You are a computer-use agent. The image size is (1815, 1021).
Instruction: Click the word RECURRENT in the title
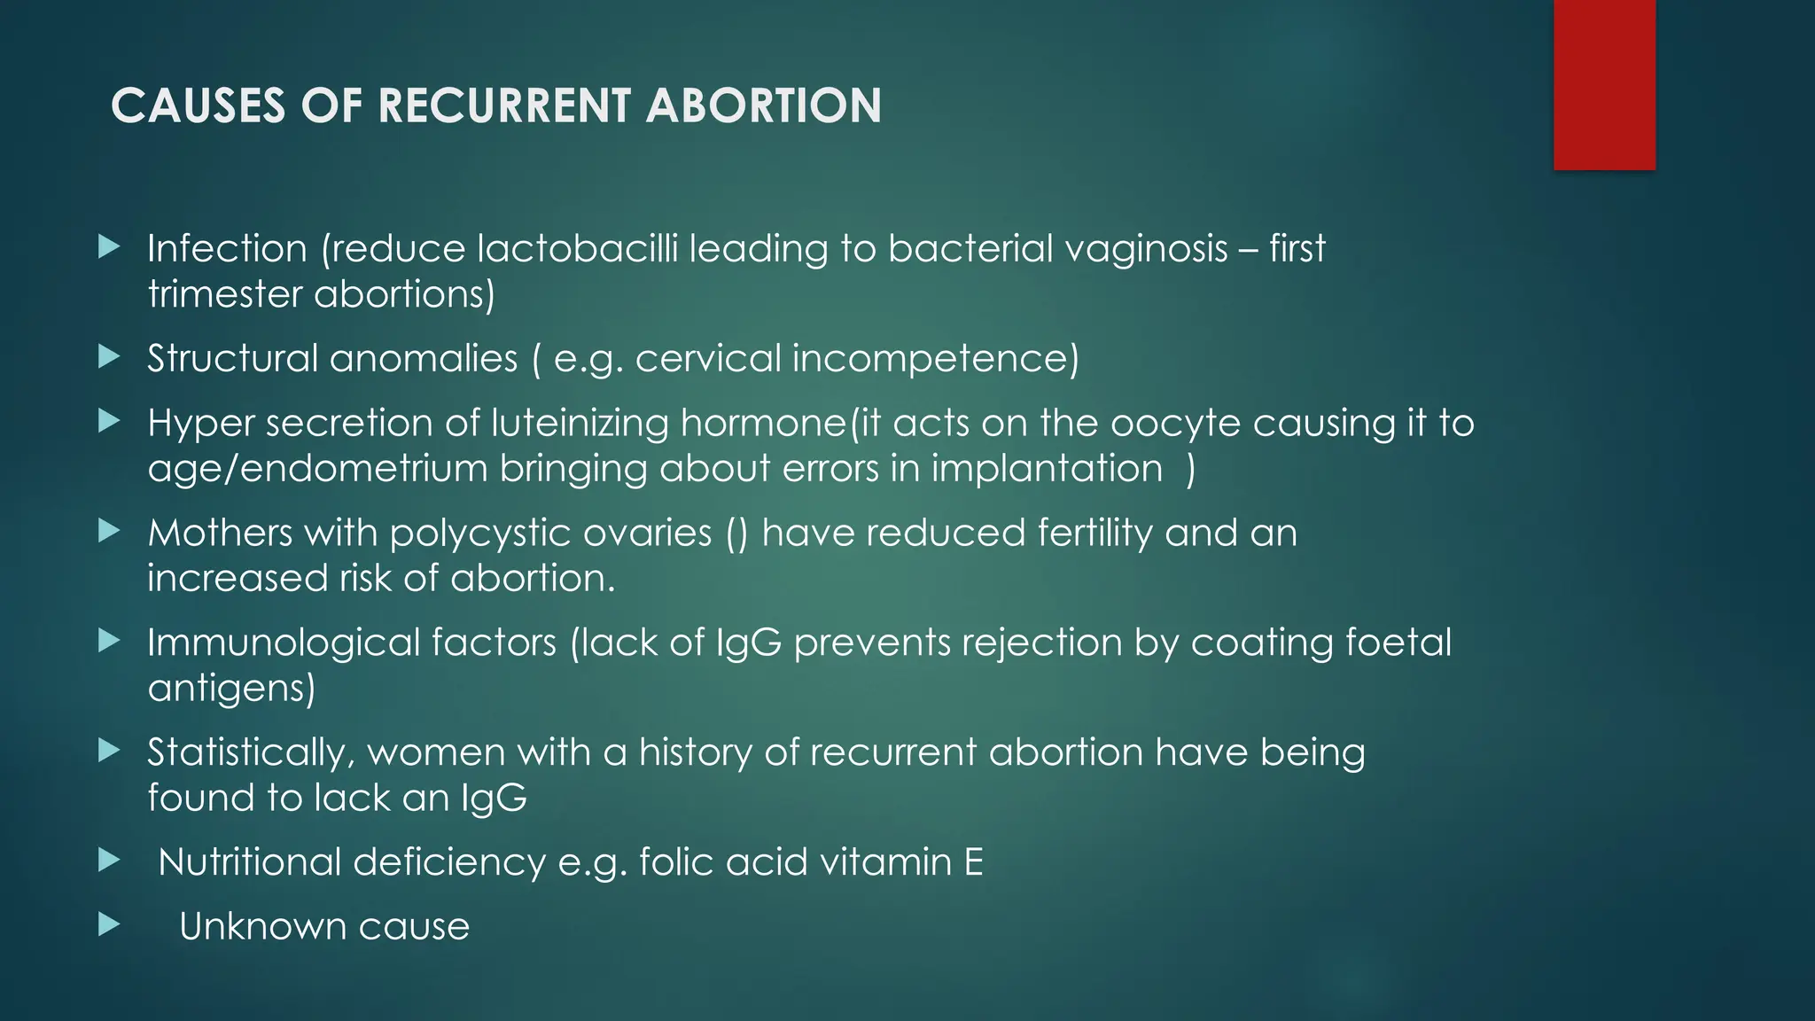[x=505, y=105]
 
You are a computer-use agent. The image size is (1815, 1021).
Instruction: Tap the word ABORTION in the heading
[x=763, y=105]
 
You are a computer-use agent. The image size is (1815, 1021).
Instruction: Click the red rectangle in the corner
[x=1604, y=84]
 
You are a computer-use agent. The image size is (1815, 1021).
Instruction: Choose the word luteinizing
[x=580, y=424]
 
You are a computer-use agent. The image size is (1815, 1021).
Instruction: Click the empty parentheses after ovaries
[x=736, y=534]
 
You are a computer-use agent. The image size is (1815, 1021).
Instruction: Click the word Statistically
[x=252, y=752]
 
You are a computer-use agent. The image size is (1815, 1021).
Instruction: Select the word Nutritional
[x=262, y=862]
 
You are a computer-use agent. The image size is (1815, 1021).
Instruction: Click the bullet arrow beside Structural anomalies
[x=109, y=357]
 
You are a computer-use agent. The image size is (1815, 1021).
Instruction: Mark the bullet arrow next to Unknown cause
[x=109, y=925]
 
